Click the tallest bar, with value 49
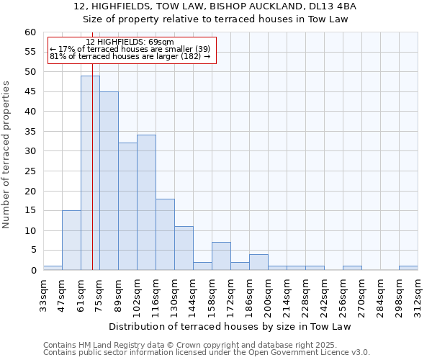click(x=90, y=173)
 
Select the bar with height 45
click(x=109, y=181)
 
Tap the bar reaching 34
click(x=146, y=202)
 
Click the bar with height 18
click(x=165, y=234)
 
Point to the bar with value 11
click(x=184, y=248)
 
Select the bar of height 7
click(x=221, y=256)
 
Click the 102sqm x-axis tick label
click(x=138, y=297)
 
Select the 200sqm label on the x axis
click(x=269, y=297)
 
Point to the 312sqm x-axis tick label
click(x=418, y=297)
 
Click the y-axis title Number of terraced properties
click(x=7, y=154)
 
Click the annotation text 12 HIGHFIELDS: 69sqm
click(x=130, y=42)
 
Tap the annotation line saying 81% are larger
click(x=130, y=56)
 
